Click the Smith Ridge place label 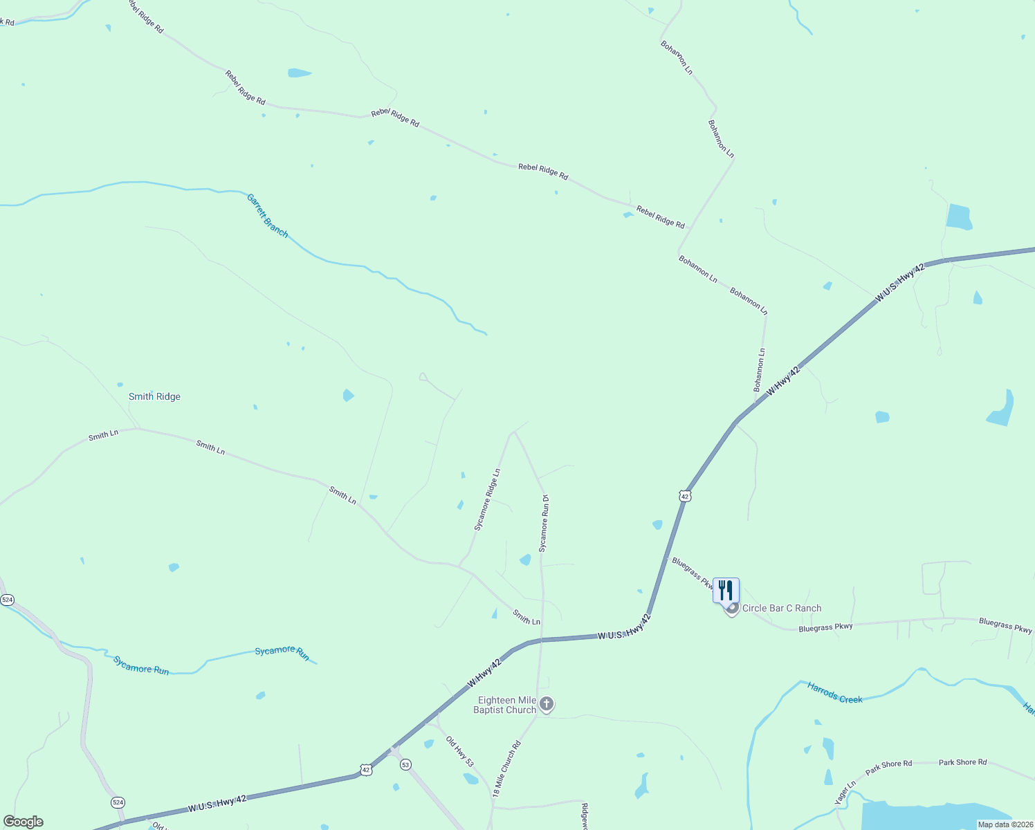point(154,396)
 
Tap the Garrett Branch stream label point(267,216)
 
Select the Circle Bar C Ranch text point(782,608)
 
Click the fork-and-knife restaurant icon point(726,590)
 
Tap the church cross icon point(547,704)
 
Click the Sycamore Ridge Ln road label point(487,500)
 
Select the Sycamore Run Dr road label point(544,523)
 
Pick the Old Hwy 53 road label point(460,752)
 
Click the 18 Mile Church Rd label point(506,770)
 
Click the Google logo point(24,822)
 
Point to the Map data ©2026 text point(1005,824)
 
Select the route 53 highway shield point(405,764)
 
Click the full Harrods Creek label point(835,693)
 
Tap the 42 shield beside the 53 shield point(366,769)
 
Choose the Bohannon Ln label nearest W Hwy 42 point(760,369)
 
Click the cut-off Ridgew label point(585,816)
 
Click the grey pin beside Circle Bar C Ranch point(732,609)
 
